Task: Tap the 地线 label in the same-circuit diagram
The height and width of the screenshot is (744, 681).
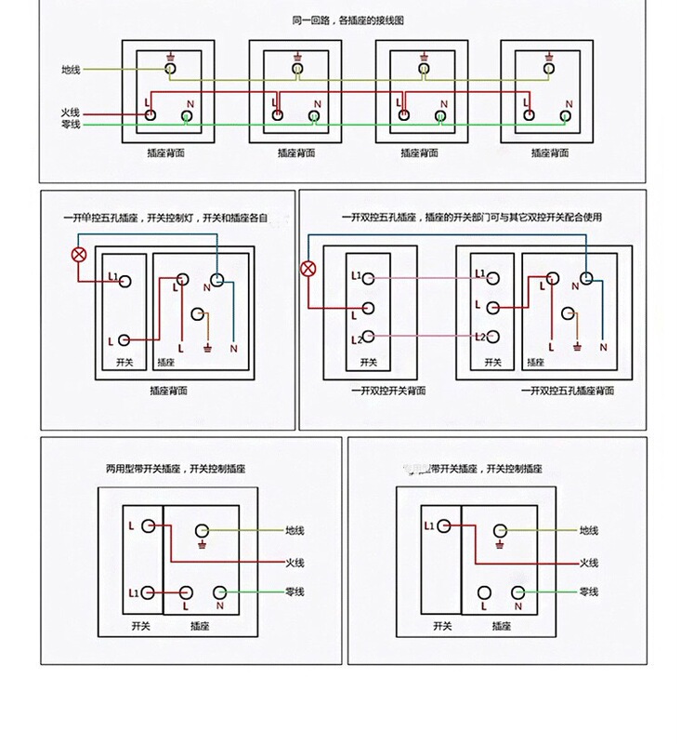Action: [x=71, y=69]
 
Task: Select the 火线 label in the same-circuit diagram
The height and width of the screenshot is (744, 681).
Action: [x=71, y=113]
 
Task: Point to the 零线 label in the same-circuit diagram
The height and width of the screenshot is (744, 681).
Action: [x=71, y=125]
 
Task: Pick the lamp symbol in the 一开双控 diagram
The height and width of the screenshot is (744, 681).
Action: [x=308, y=271]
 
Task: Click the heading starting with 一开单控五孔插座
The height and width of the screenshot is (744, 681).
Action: [x=165, y=218]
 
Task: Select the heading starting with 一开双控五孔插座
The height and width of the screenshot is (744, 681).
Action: [x=471, y=218]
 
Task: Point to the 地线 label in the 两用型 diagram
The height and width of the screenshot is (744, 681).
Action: [x=295, y=531]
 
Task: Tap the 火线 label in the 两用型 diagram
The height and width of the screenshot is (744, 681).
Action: [x=295, y=563]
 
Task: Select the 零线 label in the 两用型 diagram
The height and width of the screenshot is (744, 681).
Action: [x=295, y=592]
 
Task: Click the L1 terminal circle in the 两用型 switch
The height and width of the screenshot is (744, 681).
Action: [x=151, y=593]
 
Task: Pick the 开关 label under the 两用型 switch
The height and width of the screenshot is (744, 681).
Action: [x=141, y=627]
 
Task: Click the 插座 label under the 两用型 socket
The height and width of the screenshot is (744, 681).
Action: [x=200, y=627]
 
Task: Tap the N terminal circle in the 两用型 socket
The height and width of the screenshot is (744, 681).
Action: [x=220, y=592]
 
